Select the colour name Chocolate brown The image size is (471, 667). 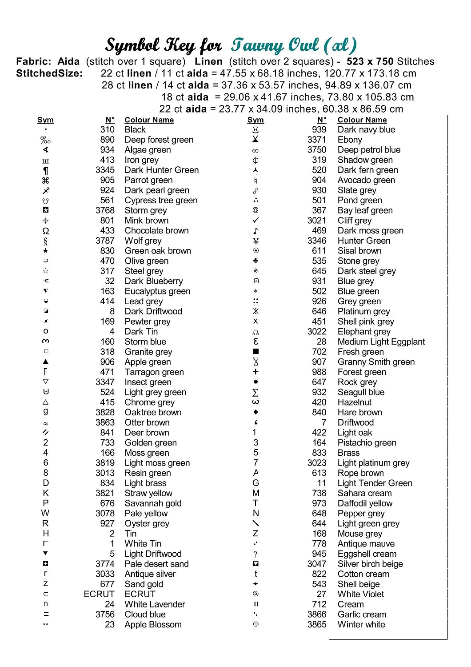coord(156,231)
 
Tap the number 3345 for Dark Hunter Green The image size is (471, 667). coord(105,170)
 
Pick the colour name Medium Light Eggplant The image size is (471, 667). coord(381,342)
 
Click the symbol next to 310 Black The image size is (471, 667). coord(46,129)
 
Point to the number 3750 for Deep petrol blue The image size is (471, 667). coord(316,150)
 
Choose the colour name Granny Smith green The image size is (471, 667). coord(376,362)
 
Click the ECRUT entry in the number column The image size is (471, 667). coord(99,595)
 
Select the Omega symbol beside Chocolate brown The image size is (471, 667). coord(46,231)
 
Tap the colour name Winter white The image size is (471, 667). coord(361,625)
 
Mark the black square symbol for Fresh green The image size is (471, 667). coord(255,352)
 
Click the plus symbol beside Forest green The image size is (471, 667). coord(255,372)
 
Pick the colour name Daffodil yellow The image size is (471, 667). coord(365,503)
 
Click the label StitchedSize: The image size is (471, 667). coord(49,74)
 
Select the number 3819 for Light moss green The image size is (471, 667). coord(105,463)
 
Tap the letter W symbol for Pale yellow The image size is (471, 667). coord(45,514)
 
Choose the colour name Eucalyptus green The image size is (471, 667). coord(157,292)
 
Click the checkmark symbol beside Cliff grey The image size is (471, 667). coord(255,221)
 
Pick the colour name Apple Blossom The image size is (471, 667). coord(153,625)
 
